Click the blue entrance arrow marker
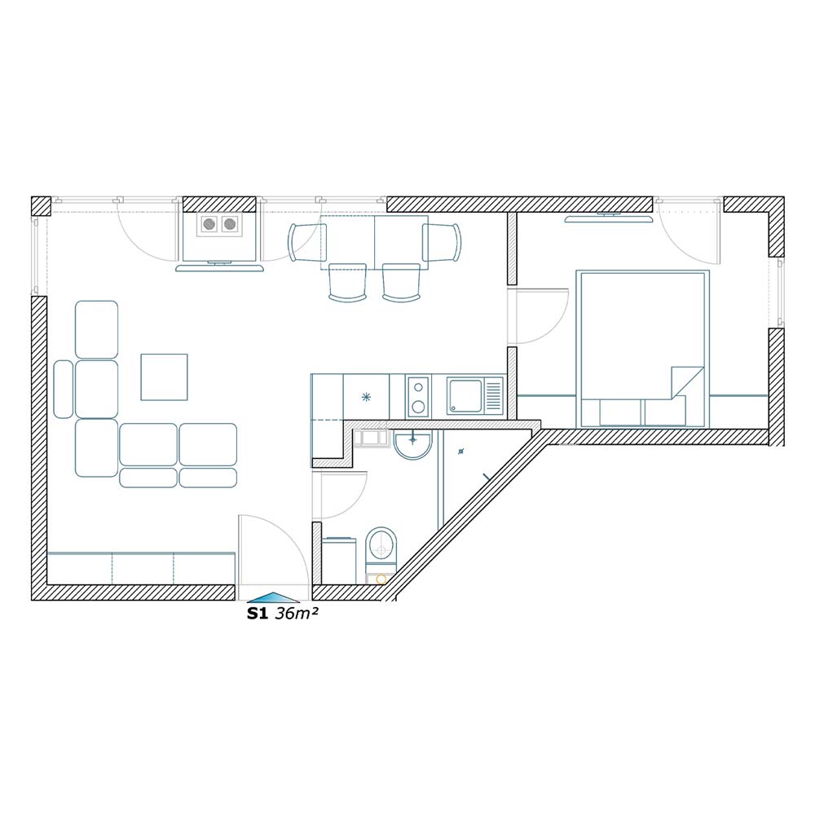point(273,597)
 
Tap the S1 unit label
point(257,614)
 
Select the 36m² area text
point(297,614)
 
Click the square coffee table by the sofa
point(165,377)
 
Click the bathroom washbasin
point(412,445)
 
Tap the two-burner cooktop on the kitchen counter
point(418,397)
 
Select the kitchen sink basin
point(465,396)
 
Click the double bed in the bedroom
point(642,349)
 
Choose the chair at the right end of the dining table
point(441,242)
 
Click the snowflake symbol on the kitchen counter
point(367,398)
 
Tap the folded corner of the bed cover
point(686,382)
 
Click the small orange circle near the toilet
point(381,579)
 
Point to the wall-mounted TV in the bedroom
point(609,218)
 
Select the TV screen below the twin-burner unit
point(219,267)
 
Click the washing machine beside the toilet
point(339,561)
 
